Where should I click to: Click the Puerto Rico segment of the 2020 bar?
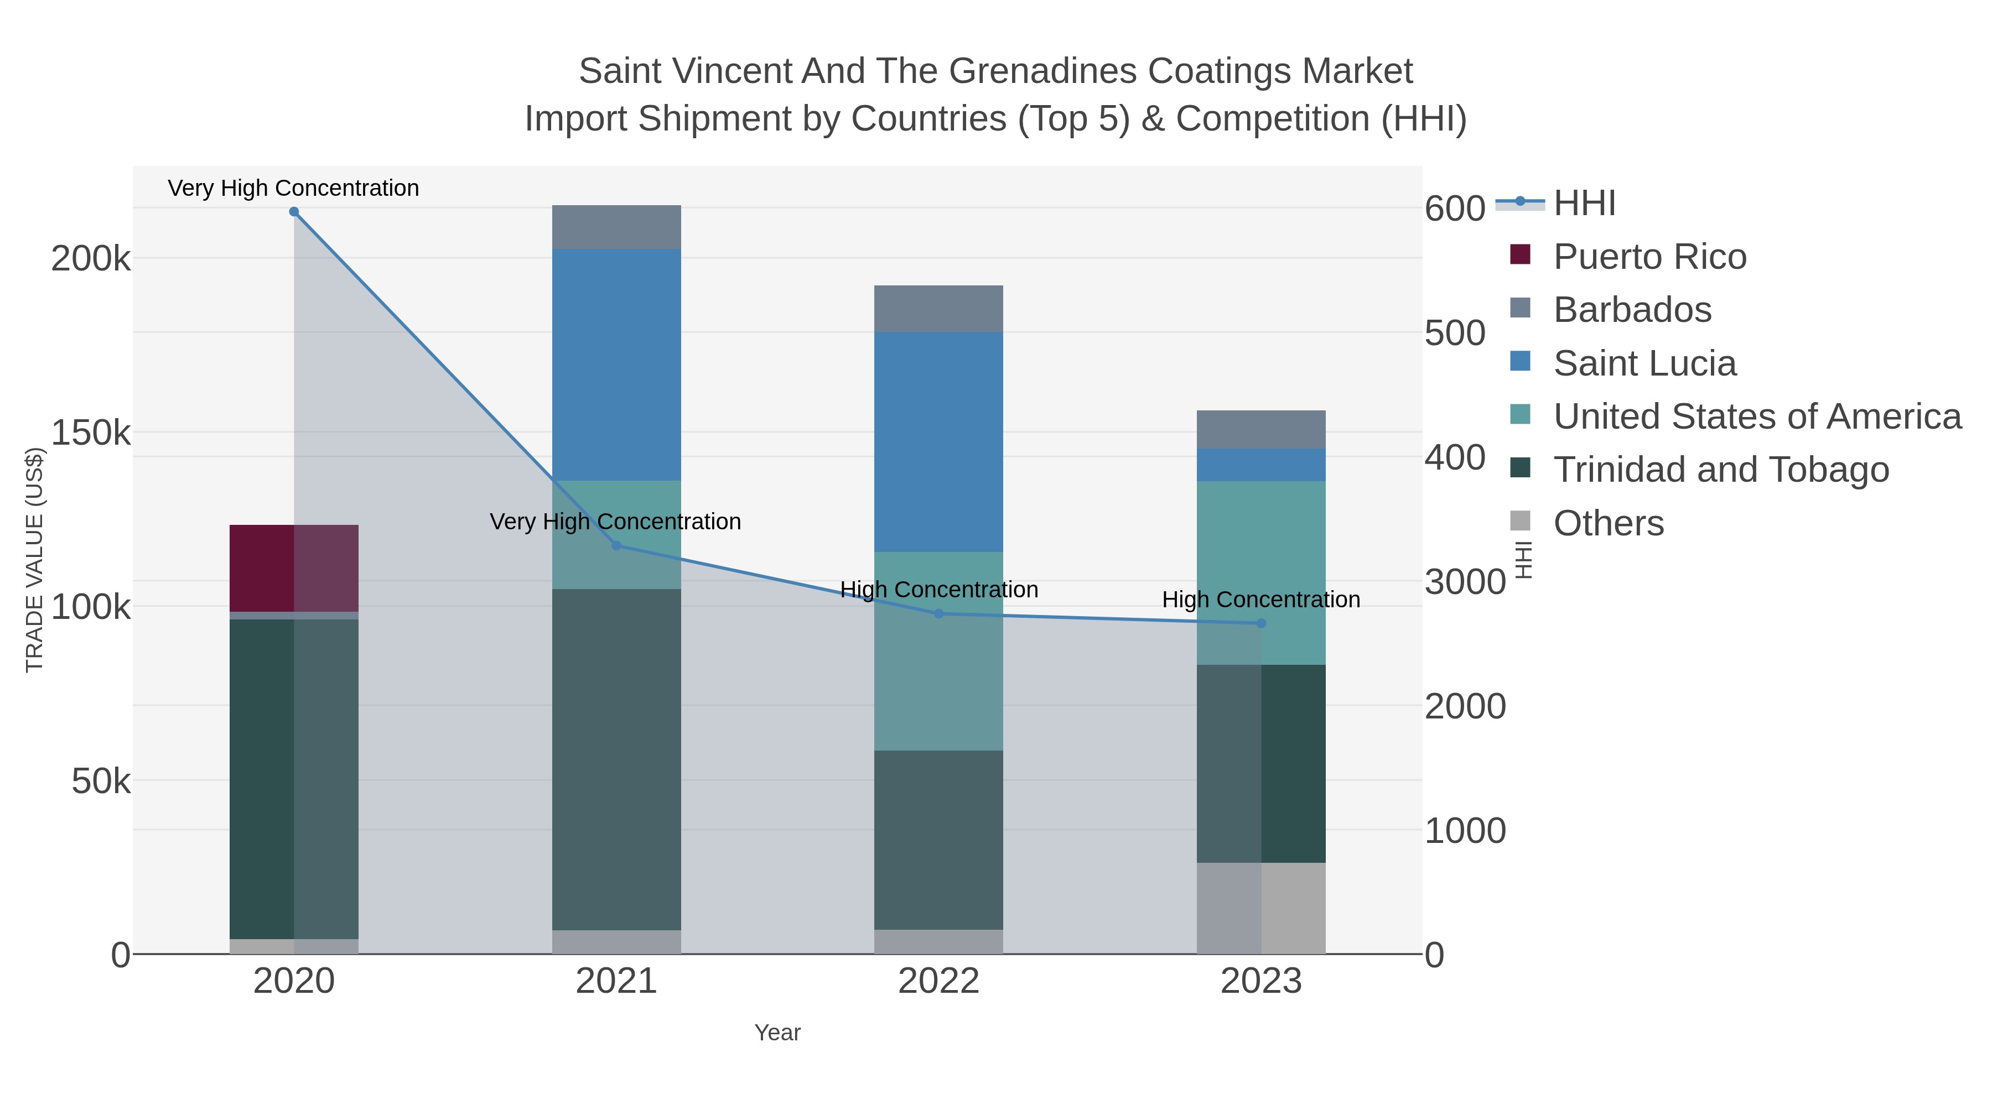pos(294,568)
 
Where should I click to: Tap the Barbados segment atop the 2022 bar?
pos(938,309)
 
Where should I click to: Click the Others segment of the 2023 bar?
pos(1260,908)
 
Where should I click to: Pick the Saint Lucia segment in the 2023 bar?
pos(1260,465)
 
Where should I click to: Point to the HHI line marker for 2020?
pos(294,212)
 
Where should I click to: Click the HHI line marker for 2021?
pos(616,546)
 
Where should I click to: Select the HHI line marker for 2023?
pos(1261,623)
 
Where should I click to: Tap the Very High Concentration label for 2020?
pos(293,188)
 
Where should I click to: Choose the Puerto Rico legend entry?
pos(1649,257)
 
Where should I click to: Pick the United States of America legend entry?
pos(1756,416)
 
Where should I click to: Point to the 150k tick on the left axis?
pos(91,433)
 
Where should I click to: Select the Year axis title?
pos(777,1033)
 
